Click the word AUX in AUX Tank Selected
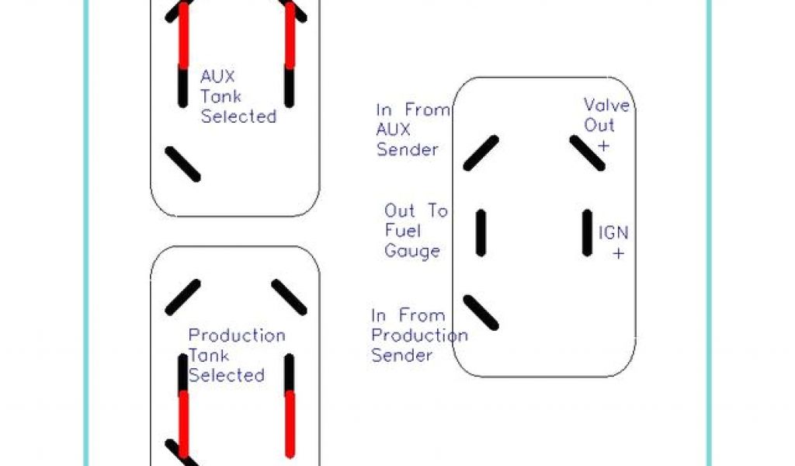[x=217, y=77]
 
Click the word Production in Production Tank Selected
[x=237, y=336]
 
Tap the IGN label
[x=613, y=233]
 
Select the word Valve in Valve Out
[x=606, y=105]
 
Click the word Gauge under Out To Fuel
[x=411, y=251]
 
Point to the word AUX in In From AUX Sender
[x=395, y=130]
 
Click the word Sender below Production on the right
[x=401, y=356]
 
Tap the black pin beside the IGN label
[x=588, y=232]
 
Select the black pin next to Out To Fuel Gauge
[x=481, y=233]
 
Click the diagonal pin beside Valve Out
[x=587, y=153]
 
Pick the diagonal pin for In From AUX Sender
[x=481, y=153]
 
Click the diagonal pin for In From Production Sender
[x=481, y=312]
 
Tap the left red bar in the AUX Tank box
[x=184, y=38]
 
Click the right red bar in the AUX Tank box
[x=290, y=37]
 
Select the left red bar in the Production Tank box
[x=184, y=423]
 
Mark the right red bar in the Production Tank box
[x=290, y=424]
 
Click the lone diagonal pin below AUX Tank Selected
[x=183, y=164]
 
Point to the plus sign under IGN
[x=619, y=253]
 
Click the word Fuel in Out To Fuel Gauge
[x=402, y=231]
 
